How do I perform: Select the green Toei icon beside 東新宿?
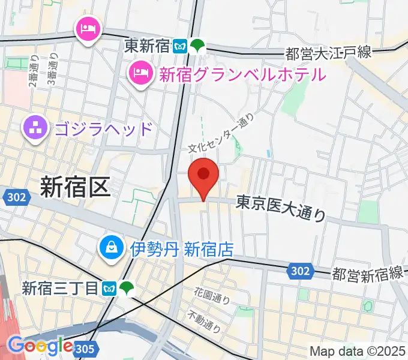197,46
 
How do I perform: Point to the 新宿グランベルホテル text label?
242,74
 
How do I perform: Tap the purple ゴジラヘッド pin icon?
35,127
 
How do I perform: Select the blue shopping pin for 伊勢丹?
112,247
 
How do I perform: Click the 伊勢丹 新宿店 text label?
182,248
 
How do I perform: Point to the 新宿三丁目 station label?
59,289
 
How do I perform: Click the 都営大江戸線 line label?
329,53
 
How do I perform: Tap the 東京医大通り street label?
281,207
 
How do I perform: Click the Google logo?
40,346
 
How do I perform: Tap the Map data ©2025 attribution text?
358,351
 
